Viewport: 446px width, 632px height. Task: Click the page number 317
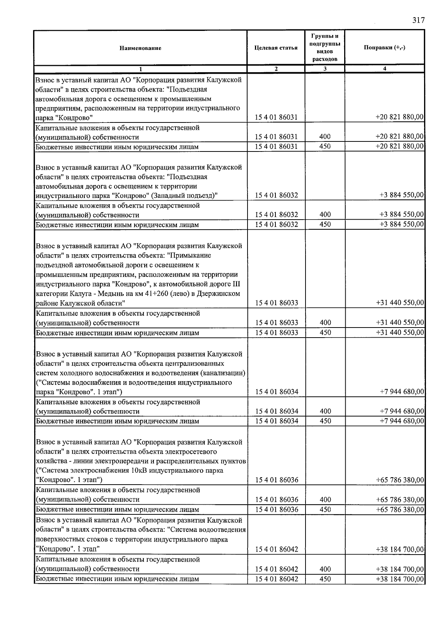418,20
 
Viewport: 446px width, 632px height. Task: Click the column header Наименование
140,48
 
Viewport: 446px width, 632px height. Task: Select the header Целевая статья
276,48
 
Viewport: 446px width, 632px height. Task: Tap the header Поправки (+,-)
384,48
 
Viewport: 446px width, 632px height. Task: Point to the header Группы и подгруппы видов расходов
325,47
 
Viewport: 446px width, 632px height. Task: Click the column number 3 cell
325,69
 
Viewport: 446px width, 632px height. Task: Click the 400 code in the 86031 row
325,137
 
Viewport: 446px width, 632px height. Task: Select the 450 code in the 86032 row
325,224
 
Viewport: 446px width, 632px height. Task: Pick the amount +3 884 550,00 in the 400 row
401,214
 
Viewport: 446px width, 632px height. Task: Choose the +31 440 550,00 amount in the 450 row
400,332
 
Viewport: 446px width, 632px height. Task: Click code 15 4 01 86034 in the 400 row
277,411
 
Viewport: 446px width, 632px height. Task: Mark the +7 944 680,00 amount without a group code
401,392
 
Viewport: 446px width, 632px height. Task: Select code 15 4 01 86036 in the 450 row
277,510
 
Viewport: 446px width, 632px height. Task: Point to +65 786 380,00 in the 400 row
400,499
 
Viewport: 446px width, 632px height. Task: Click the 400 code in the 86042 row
325,569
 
